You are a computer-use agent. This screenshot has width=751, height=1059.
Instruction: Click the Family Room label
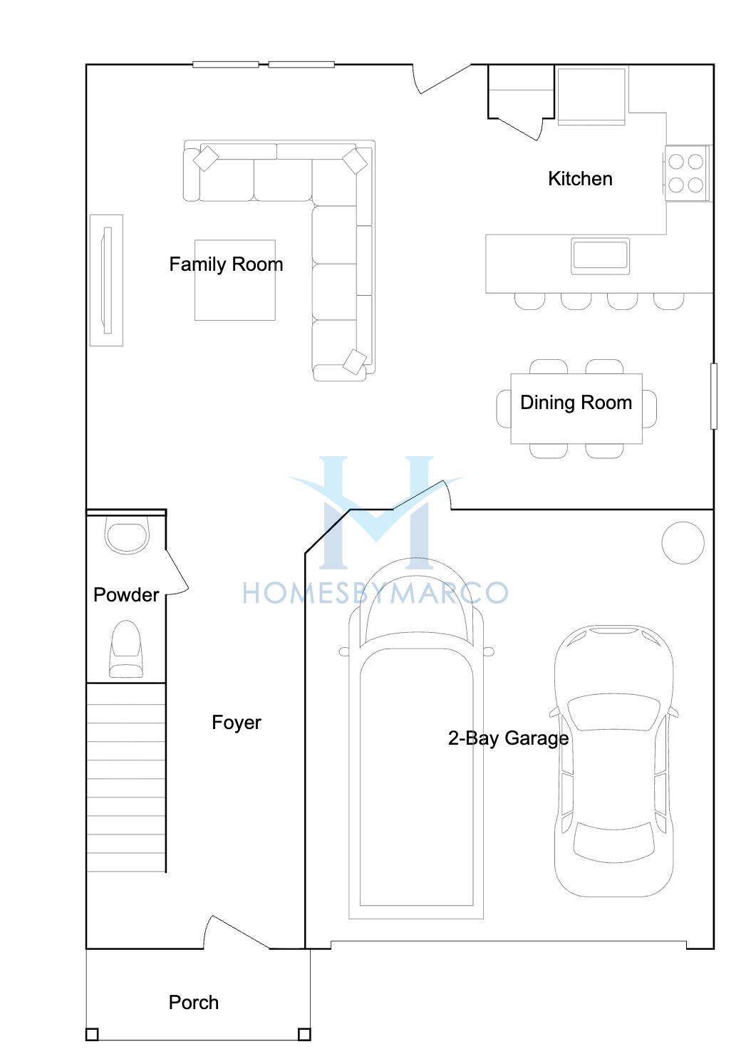[x=226, y=264]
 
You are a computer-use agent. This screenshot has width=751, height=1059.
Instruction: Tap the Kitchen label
[x=580, y=179]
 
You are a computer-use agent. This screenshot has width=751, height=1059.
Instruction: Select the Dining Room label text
[x=576, y=403]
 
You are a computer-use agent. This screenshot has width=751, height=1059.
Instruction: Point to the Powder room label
[x=125, y=595]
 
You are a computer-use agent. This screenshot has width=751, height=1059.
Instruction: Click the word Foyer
[x=236, y=723]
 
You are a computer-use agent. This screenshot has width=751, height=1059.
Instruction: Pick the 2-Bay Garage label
[x=508, y=738]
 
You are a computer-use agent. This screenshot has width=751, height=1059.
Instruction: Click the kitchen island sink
[x=600, y=256]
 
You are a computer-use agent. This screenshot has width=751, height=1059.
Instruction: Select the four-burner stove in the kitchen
[x=688, y=173]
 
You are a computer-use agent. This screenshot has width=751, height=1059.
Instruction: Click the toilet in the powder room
[x=126, y=649]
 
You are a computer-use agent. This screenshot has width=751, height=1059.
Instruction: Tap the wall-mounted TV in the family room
[x=107, y=280]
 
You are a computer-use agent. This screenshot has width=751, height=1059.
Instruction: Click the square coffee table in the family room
[x=235, y=280]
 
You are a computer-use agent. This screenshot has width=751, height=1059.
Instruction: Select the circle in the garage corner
[x=683, y=543]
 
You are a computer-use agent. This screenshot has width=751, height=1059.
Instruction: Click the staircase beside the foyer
[x=126, y=778]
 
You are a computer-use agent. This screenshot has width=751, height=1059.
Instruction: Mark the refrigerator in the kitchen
[x=591, y=96]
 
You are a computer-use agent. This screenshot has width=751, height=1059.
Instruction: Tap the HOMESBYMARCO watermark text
[x=375, y=594]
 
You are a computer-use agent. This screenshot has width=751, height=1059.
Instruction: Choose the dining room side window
[x=714, y=396]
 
